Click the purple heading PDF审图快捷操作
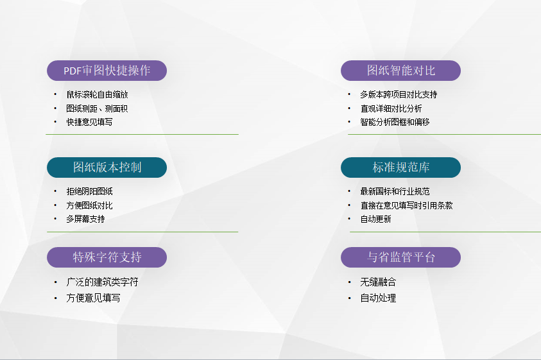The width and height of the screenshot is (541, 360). pos(107,71)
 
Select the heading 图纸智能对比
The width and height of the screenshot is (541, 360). pos(401,71)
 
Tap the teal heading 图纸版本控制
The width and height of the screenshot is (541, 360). pos(107,167)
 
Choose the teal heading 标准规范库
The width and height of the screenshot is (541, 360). pos(401,167)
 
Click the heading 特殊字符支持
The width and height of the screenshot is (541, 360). pos(107,257)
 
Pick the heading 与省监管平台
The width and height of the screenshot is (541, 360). pos(401,257)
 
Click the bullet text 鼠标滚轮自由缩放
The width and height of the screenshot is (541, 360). pos(98,94)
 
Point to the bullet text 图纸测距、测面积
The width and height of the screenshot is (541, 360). pos(97,108)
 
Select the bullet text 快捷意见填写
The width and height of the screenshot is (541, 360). pos(89,122)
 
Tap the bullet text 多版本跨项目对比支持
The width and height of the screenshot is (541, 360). pos(399,94)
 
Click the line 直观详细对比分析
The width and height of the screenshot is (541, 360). pos(391,108)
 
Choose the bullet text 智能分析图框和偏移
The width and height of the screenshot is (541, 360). pos(395,122)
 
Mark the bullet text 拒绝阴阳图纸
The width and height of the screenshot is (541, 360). pos(89,192)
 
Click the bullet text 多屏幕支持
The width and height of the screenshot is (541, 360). pos(85,219)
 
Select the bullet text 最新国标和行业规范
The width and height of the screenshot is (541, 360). pos(395,192)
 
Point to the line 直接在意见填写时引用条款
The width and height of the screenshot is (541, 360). pos(406,206)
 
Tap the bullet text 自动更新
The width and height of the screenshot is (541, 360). pos(375,219)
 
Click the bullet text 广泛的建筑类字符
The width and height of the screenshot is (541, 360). pos(102,282)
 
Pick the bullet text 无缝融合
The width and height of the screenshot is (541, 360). pos(378,282)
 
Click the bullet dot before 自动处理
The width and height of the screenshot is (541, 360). pos(350,298)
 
